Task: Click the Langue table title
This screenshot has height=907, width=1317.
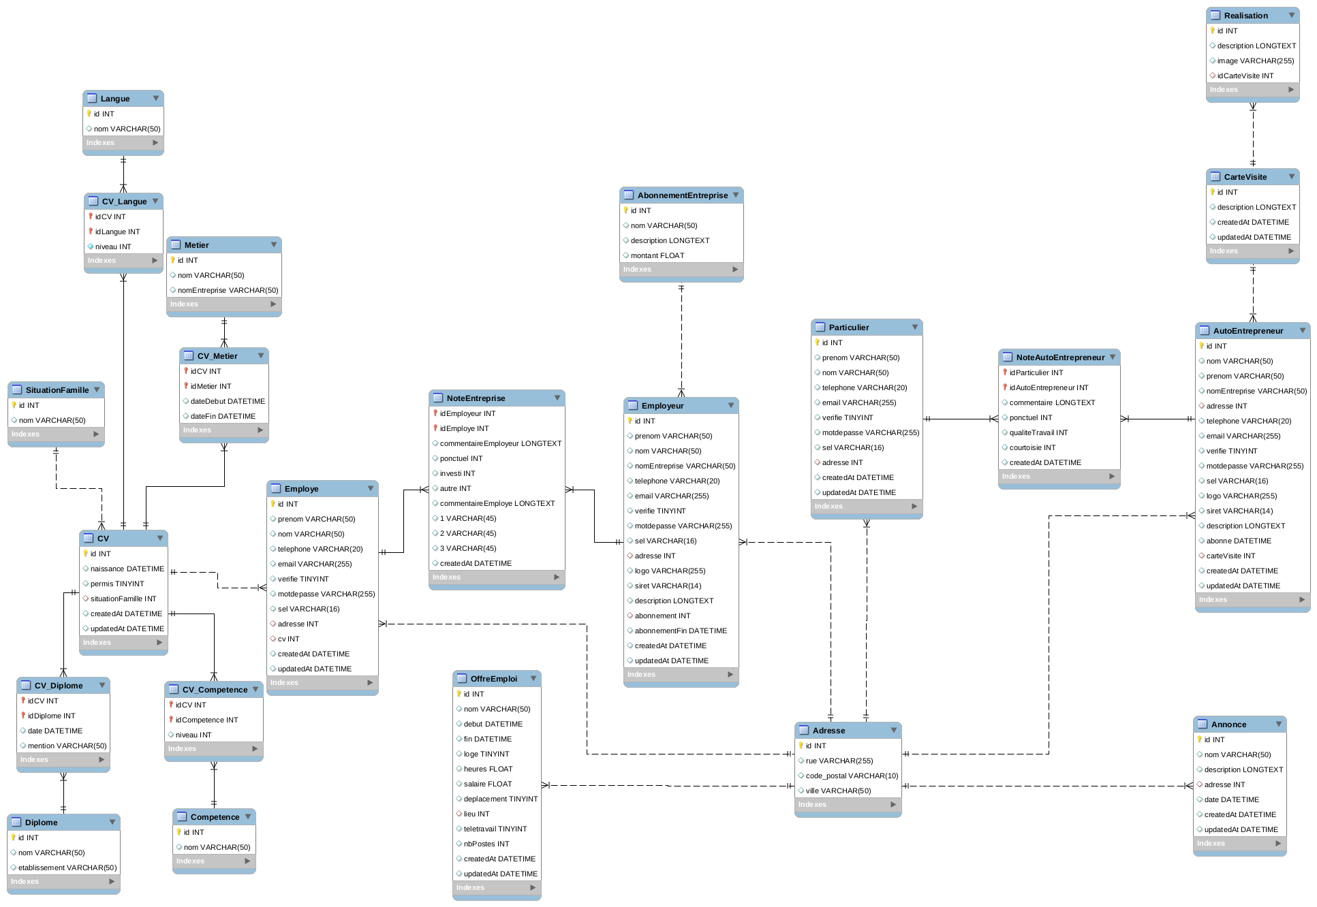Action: [115, 99]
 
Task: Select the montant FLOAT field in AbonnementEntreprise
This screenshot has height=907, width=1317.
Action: [657, 255]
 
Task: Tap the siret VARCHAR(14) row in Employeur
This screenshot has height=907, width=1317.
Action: [668, 586]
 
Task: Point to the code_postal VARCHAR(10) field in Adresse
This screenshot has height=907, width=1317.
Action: [852, 776]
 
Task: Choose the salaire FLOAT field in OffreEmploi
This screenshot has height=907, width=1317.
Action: [487, 784]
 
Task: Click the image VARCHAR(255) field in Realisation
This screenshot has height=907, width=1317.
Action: [1255, 61]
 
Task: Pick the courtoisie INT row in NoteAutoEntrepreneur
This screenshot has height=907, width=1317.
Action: [1032, 447]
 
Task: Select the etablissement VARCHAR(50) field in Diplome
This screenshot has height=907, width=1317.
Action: [67, 868]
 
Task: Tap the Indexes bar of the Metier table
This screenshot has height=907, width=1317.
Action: [223, 304]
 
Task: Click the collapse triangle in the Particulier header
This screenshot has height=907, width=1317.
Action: [915, 328]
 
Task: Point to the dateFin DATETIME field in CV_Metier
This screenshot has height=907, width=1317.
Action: [223, 416]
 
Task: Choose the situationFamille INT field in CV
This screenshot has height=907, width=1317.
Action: [123, 599]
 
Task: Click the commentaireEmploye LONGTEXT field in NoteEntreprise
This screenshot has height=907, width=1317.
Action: [497, 503]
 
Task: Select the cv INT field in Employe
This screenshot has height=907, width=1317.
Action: [288, 639]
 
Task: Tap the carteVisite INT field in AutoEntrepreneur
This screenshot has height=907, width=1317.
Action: [1230, 556]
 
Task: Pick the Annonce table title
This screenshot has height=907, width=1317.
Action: [1228, 725]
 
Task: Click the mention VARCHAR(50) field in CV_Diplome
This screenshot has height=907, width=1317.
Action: [67, 746]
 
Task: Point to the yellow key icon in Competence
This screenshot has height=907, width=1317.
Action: [179, 832]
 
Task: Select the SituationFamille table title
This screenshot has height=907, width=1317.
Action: [57, 390]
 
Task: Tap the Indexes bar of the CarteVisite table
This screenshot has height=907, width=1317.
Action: [1252, 251]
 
